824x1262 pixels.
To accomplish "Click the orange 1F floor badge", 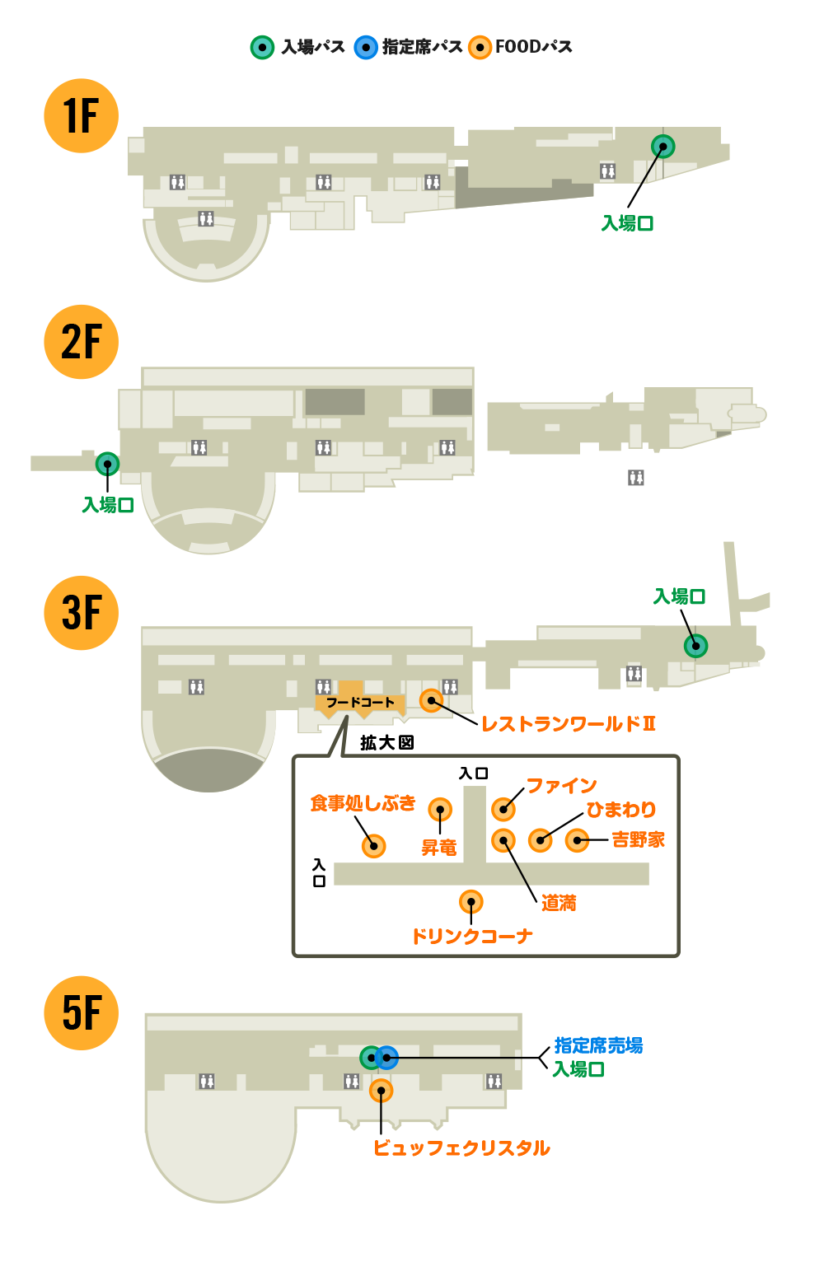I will [x=81, y=115].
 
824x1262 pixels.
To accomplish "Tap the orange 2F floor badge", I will [x=81, y=342].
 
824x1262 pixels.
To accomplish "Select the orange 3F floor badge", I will [x=81, y=613].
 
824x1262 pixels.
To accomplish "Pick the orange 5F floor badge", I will [x=81, y=1013].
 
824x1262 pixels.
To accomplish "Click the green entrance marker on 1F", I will [x=662, y=146].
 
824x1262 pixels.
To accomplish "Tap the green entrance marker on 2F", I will [x=107, y=464].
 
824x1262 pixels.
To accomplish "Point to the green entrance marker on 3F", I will [x=695, y=646].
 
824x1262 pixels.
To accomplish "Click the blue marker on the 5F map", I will [x=386, y=1057].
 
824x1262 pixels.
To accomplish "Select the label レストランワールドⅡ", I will [x=568, y=724].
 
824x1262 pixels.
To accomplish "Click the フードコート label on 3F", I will [x=360, y=703].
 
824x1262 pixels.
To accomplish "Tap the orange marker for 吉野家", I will [x=577, y=840].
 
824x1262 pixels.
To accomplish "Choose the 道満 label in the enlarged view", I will [x=559, y=904].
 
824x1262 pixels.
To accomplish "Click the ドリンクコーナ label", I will [x=471, y=937].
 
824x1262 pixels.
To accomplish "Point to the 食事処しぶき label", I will [x=363, y=803].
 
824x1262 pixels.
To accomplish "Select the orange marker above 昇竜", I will [x=440, y=810].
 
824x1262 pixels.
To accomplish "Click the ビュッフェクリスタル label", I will [x=461, y=1148].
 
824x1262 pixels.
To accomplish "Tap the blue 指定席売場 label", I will [x=598, y=1045].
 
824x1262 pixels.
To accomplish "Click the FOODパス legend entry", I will [x=521, y=47].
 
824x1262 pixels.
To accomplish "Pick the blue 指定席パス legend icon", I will [x=366, y=48].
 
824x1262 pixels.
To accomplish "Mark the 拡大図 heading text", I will [x=386, y=743].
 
